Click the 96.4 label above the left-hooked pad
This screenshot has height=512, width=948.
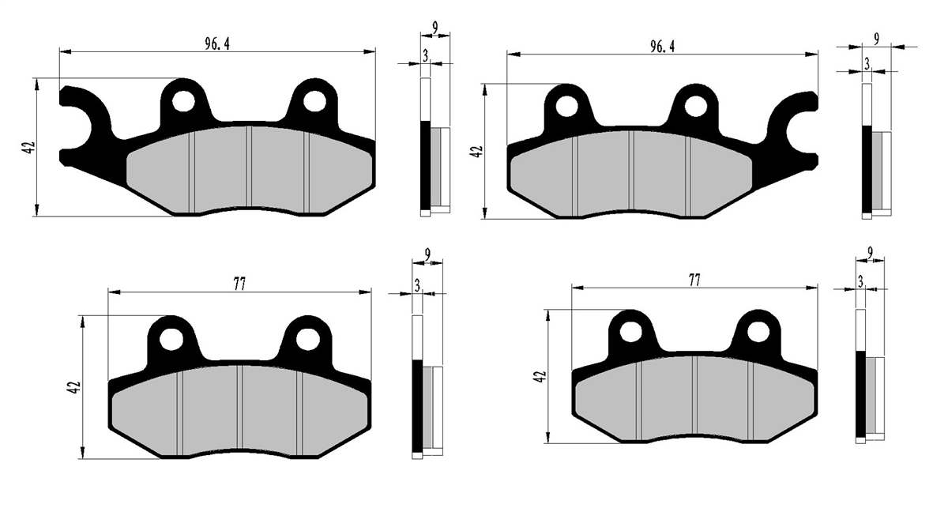[217, 44]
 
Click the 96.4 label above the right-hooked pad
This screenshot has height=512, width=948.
[662, 47]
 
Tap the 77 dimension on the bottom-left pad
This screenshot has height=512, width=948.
[239, 284]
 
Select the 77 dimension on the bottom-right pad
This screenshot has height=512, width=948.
[694, 280]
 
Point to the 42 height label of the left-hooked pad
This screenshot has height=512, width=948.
[30, 147]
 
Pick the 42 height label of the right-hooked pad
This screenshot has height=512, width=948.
[477, 152]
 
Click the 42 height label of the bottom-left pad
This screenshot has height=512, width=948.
[73, 388]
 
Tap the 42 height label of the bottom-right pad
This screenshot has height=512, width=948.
[541, 377]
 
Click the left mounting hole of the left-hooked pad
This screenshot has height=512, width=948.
[183, 102]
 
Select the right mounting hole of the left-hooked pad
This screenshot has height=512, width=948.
[314, 102]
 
